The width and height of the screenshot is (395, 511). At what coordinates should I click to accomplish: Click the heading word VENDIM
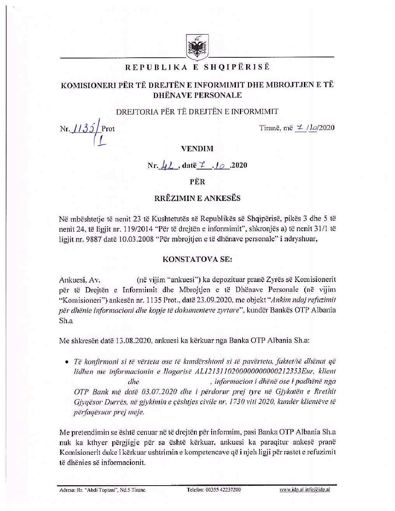pyautogui.click(x=197, y=148)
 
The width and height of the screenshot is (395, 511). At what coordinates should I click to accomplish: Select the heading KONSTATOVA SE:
pyautogui.click(x=197, y=259)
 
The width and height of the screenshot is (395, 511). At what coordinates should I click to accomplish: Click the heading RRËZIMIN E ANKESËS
pyautogui.click(x=197, y=198)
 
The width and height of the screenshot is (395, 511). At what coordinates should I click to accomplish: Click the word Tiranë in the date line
pyautogui.click(x=269, y=128)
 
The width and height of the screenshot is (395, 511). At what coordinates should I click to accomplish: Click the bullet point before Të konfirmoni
pyautogui.click(x=66, y=361)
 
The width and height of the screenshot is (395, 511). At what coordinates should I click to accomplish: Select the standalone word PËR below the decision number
pyautogui.click(x=197, y=182)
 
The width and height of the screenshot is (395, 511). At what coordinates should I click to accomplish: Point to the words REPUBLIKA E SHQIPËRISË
pyautogui.click(x=197, y=67)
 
